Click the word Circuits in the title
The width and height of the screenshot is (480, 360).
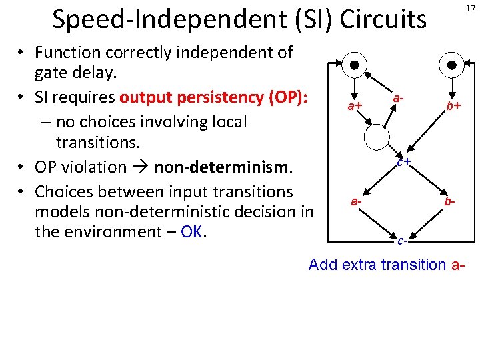[x=383, y=20]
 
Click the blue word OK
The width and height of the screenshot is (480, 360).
[x=191, y=231]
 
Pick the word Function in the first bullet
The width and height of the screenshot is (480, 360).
[x=67, y=52]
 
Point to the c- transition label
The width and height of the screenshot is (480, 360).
[x=401, y=241]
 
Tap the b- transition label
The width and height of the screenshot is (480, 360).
[x=451, y=201]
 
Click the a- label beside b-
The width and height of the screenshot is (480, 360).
[x=357, y=201]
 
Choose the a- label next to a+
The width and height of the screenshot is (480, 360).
[x=398, y=98]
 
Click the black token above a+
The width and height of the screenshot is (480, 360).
[x=355, y=65]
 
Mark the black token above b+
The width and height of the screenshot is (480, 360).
[x=452, y=65]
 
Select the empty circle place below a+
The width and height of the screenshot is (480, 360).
[x=376, y=138]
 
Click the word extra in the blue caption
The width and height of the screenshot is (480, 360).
[x=359, y=265]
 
